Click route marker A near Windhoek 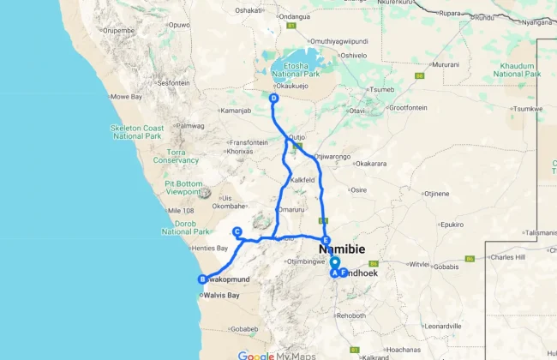334,273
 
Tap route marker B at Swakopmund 203,279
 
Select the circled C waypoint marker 237,231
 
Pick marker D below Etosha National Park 273,99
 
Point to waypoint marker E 326,240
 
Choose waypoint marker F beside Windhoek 343,273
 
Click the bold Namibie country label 342,249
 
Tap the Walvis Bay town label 221,296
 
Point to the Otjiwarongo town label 333,157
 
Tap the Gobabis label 446,266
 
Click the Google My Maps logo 277,355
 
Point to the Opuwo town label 178,25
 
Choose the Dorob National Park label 186,227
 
